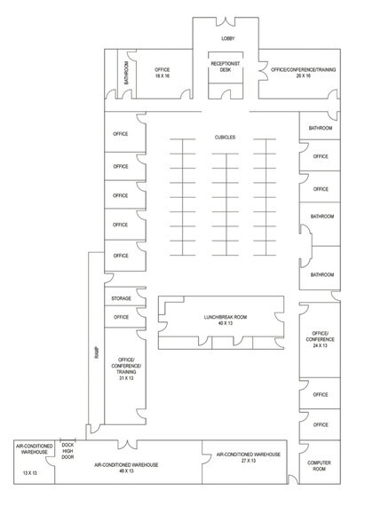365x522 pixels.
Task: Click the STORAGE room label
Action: pos(121,298)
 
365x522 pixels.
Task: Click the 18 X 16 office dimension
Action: pos(161,76)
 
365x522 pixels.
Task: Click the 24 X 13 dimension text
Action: pos(320,344)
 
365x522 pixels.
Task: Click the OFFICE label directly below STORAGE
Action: pos(121,317)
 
